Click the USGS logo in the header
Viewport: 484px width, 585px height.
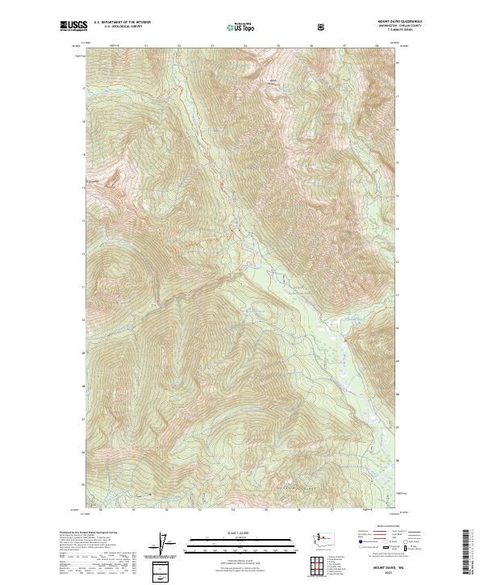tap(75, 27)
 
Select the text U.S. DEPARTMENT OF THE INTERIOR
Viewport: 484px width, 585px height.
tap(121, 23)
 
